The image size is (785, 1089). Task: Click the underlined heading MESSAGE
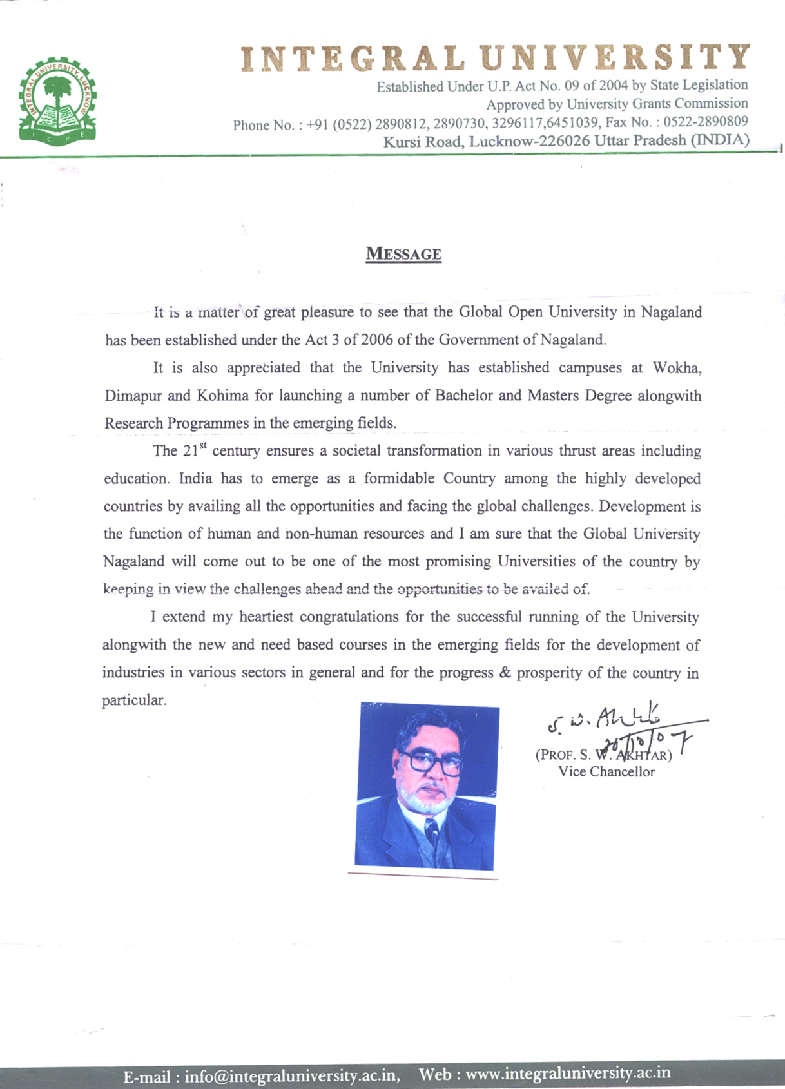pos(403,254)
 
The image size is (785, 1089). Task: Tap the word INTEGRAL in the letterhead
pos(353,58)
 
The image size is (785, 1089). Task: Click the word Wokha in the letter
pos(676,368)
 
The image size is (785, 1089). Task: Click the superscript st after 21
pos(203,445)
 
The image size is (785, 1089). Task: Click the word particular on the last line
pos(133,700)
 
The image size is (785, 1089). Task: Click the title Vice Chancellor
pos(606,772)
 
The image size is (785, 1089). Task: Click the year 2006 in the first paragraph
pos(376,340)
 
